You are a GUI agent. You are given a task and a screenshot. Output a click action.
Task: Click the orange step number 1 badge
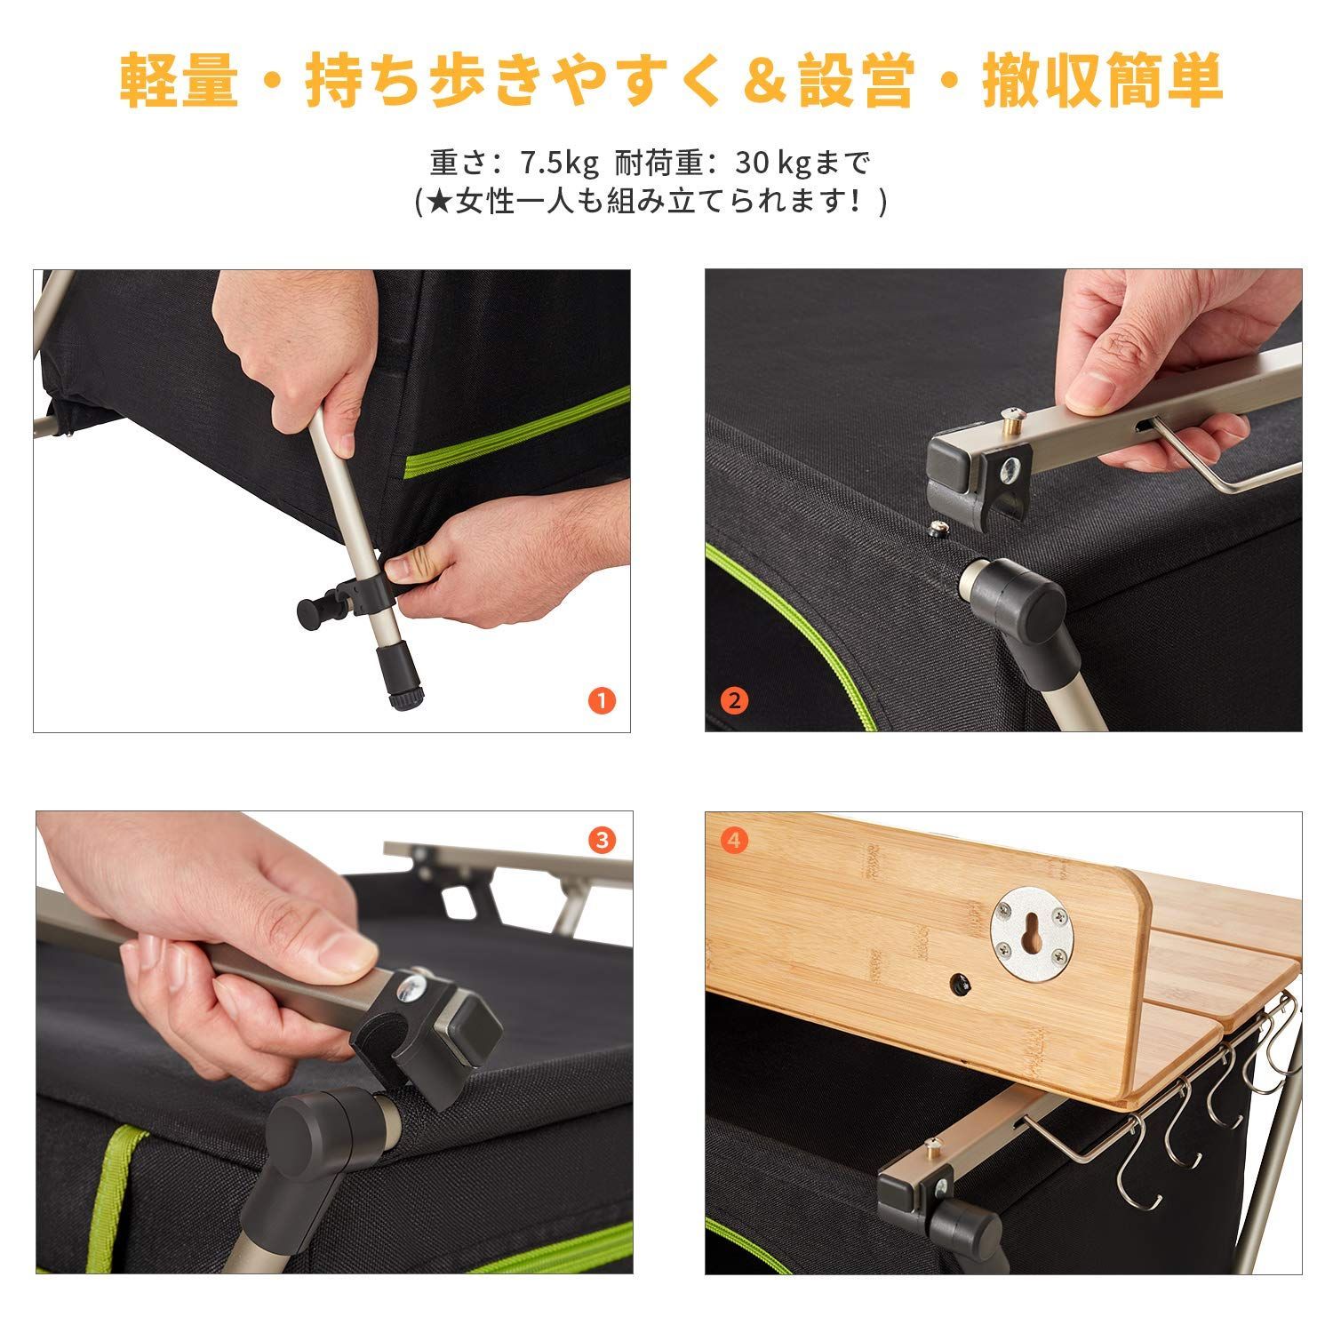point(602,701)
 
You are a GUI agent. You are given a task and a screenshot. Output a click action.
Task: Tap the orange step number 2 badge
point(733,700)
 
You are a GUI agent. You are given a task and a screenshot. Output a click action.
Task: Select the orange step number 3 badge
point(602,840)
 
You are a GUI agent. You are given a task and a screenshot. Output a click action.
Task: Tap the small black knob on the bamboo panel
point(961,983)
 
